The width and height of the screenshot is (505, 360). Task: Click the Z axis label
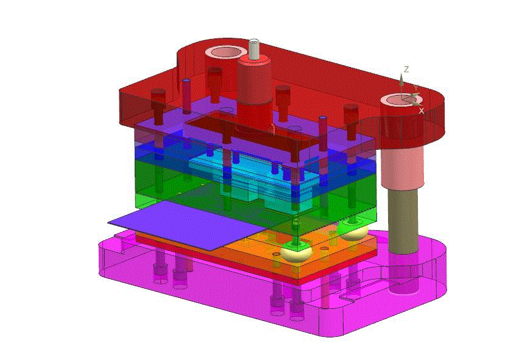pyautogui.click(x=407, y=69)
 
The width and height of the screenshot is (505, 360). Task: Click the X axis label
pyautogui.click(x=422, y=111)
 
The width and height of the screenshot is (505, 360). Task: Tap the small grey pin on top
pyautogui.click(x=254, y=49)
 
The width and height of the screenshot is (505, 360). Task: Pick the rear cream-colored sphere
pyautogui.click(x=354, y=232)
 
